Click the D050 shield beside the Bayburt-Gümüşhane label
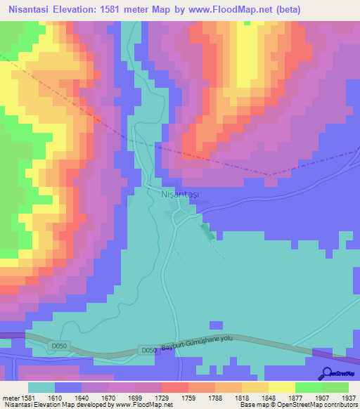click(x=148, y=349)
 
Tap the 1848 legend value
click(x=255, y=398)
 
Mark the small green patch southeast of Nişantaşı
click(x=206, y=232)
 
